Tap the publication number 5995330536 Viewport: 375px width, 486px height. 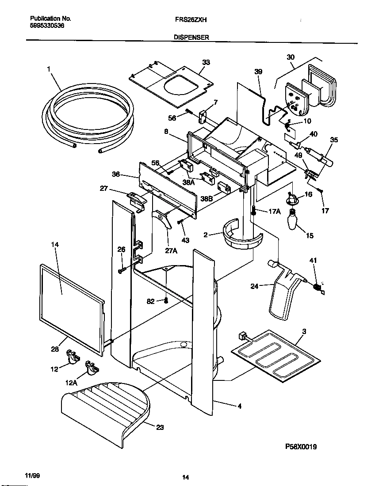pos(47,26)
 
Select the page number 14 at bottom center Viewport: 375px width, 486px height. pos(186,477)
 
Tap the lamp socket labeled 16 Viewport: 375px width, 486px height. pos(293,199)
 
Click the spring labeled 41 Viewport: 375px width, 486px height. pos(317,288)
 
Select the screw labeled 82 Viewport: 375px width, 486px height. pos(166,301)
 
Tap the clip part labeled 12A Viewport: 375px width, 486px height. pos(92,366)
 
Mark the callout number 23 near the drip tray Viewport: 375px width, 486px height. pos(159,427)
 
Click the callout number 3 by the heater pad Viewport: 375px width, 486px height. pos(303,331)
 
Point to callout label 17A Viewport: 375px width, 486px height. pos(274,212)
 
